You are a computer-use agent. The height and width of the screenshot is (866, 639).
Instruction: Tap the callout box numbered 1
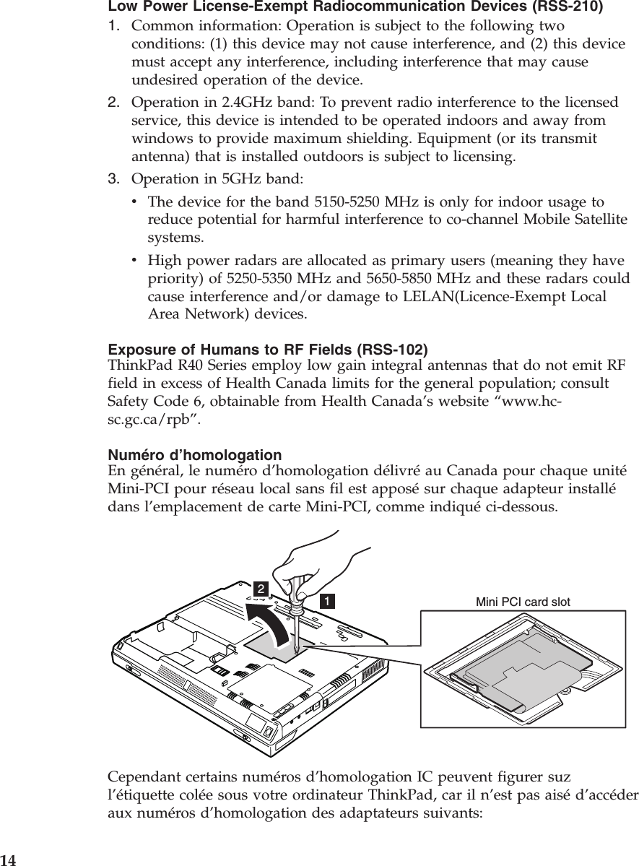point(327,600)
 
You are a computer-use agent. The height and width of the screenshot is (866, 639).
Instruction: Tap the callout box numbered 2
point(259,587)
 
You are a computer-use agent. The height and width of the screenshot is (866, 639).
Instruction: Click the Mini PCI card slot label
point(523,601)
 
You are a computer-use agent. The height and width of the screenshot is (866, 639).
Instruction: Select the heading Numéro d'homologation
point(195,456)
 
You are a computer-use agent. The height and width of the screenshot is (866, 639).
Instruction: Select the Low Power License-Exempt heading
point(356,8)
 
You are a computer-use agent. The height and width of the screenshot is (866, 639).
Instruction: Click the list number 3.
point(113,178)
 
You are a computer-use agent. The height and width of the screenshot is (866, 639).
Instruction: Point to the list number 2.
point(113,103)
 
